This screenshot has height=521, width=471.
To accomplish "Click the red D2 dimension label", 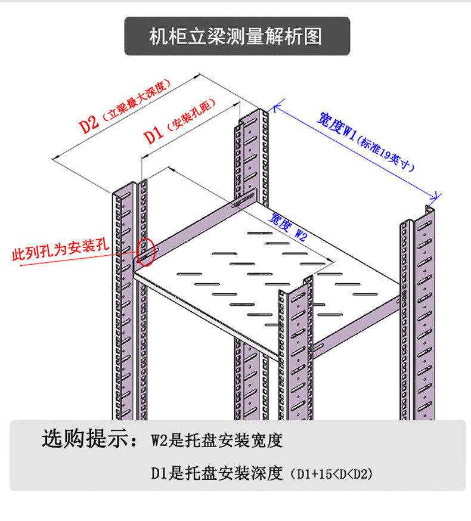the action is point(89,123).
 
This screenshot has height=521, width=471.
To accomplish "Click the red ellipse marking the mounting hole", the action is point(146,251).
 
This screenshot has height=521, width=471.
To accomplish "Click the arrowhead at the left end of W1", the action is point(275,108).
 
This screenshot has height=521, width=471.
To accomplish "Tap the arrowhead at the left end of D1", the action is point(144,157).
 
